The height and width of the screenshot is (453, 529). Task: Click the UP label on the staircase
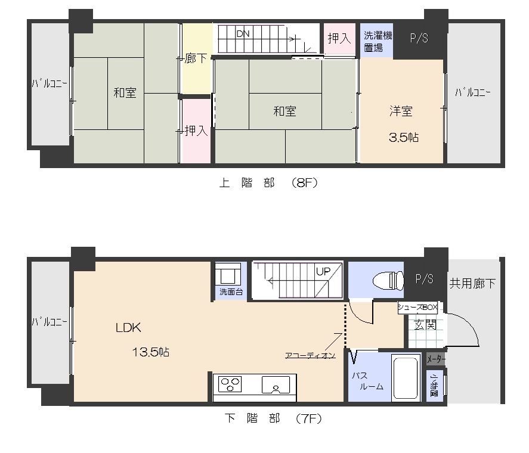pyautogui.click(x=323, y=271)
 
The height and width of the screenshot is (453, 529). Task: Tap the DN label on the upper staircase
pyautogui.click(x=243, y=34)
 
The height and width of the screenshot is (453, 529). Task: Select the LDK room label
pyautogui.click(x=128, y=327)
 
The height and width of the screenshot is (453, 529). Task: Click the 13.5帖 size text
pyautogui.click(x=150, y=352)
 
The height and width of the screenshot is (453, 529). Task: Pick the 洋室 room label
pyautogui.click(x=401, y=111)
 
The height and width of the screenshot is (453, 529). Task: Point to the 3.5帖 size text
pyautogui.click(x=403, y=137)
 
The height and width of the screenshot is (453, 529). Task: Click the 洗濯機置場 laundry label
pyautogui.click(x=378, y=41)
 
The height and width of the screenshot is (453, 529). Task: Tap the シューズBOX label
pyautogui.click(x=417, y=308)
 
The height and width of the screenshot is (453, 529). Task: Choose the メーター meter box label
pyautogui.click(x=435, y=359)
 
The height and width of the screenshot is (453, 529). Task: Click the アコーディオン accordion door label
pyautogui.click(x=310, y=355)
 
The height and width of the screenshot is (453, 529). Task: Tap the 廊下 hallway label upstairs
pyautogui.click(x=196, y=59)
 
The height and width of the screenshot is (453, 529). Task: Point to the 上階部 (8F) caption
pyautogui.click(x=268, y=183)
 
